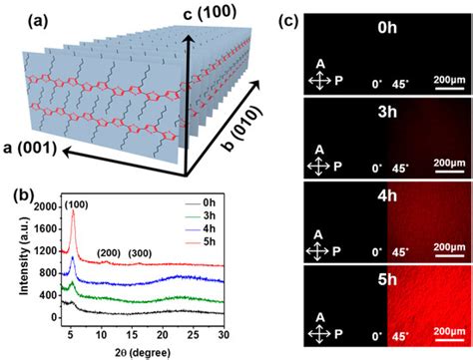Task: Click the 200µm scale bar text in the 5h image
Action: point(438,323)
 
